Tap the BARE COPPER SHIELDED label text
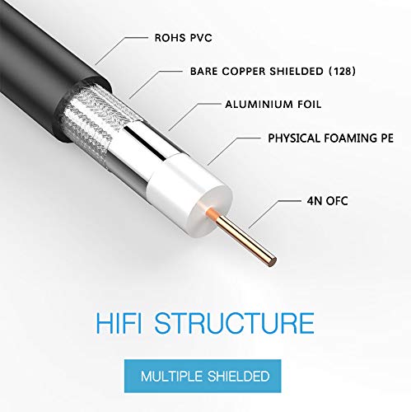click(x=246, y=71)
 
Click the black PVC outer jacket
click(x=49, y=74)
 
